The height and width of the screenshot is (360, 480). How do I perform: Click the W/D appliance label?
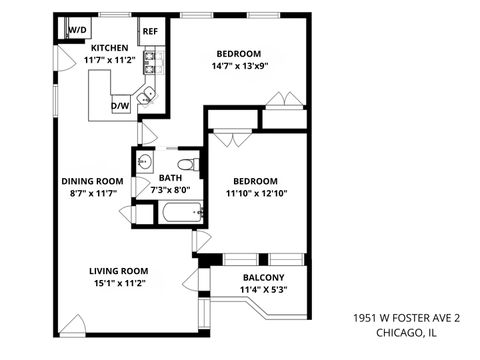[76, 31]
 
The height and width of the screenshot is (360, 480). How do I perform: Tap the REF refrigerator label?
[150, 31]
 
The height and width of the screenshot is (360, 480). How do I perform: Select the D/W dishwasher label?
[120, 105]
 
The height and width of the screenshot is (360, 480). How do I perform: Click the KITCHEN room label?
[109, 48]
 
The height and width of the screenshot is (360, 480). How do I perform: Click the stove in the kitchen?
[149, 65]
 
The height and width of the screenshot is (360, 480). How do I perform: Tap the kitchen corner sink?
[147, 97]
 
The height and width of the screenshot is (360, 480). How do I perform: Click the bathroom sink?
[144, 162]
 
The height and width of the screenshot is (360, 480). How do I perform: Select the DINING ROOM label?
[91, 181]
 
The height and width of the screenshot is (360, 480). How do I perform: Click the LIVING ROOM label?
[118, 270]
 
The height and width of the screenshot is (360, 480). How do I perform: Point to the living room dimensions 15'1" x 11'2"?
[118, 283]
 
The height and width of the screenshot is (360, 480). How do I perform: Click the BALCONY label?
[263, 277]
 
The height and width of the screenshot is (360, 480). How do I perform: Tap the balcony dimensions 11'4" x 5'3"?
[263, 290]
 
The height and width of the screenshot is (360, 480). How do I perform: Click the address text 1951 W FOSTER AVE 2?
[406, 317]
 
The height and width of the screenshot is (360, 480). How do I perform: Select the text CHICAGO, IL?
[406, 332]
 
